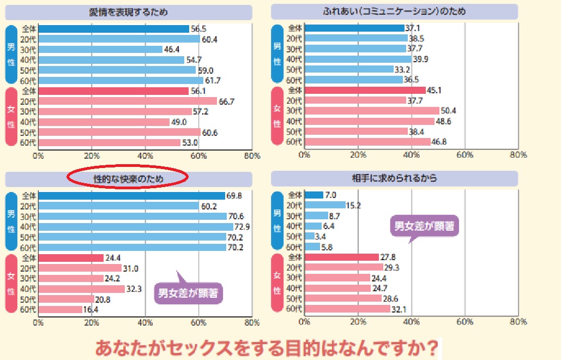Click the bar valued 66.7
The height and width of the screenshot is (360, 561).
point(128,101)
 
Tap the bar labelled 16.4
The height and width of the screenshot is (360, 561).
point(60,309)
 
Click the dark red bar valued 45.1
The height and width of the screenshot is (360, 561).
point(365,90)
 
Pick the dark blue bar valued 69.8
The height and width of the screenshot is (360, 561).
point(131,195)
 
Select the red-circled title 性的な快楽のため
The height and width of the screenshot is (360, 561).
point(127,178)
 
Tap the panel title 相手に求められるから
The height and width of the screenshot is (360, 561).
point(394,178)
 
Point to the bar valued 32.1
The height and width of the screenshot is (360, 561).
point(347,309)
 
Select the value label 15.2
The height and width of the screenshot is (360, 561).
point(353,206)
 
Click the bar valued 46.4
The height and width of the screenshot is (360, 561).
point(100,49)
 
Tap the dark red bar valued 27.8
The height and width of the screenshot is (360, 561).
point(342,257)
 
